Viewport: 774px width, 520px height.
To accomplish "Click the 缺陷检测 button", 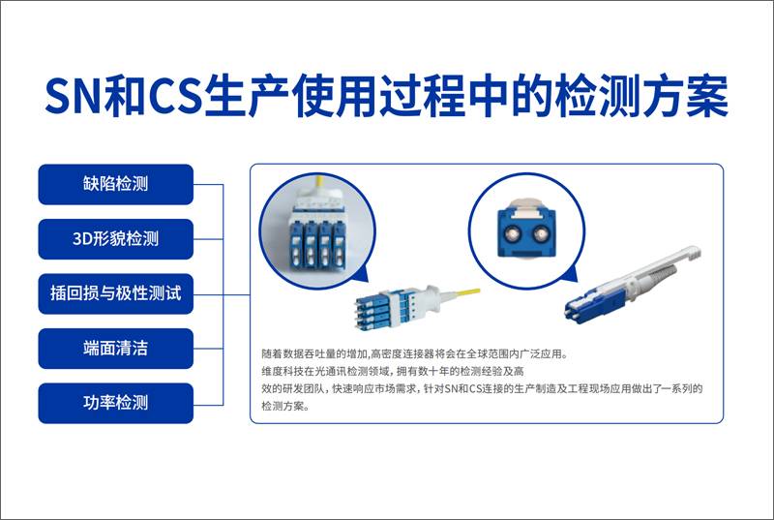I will (115, 184).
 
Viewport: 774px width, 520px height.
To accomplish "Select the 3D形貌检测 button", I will (115, 238).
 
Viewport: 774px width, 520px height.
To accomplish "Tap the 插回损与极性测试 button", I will (115, 292).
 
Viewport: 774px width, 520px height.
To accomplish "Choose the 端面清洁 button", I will (115, 348).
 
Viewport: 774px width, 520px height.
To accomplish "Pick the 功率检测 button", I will (115, 402).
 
